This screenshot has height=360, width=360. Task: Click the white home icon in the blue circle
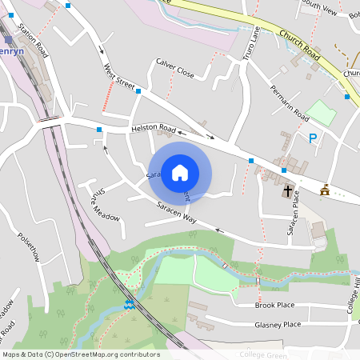tap(180, 173)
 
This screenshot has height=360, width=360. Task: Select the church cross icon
tap(288, 191)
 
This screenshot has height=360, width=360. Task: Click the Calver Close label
tap(175, 68)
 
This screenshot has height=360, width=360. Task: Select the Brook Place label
tap(274, 306)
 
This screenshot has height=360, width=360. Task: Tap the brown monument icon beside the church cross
tap(324, 190)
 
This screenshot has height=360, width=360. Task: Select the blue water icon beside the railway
tap(129, 304)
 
